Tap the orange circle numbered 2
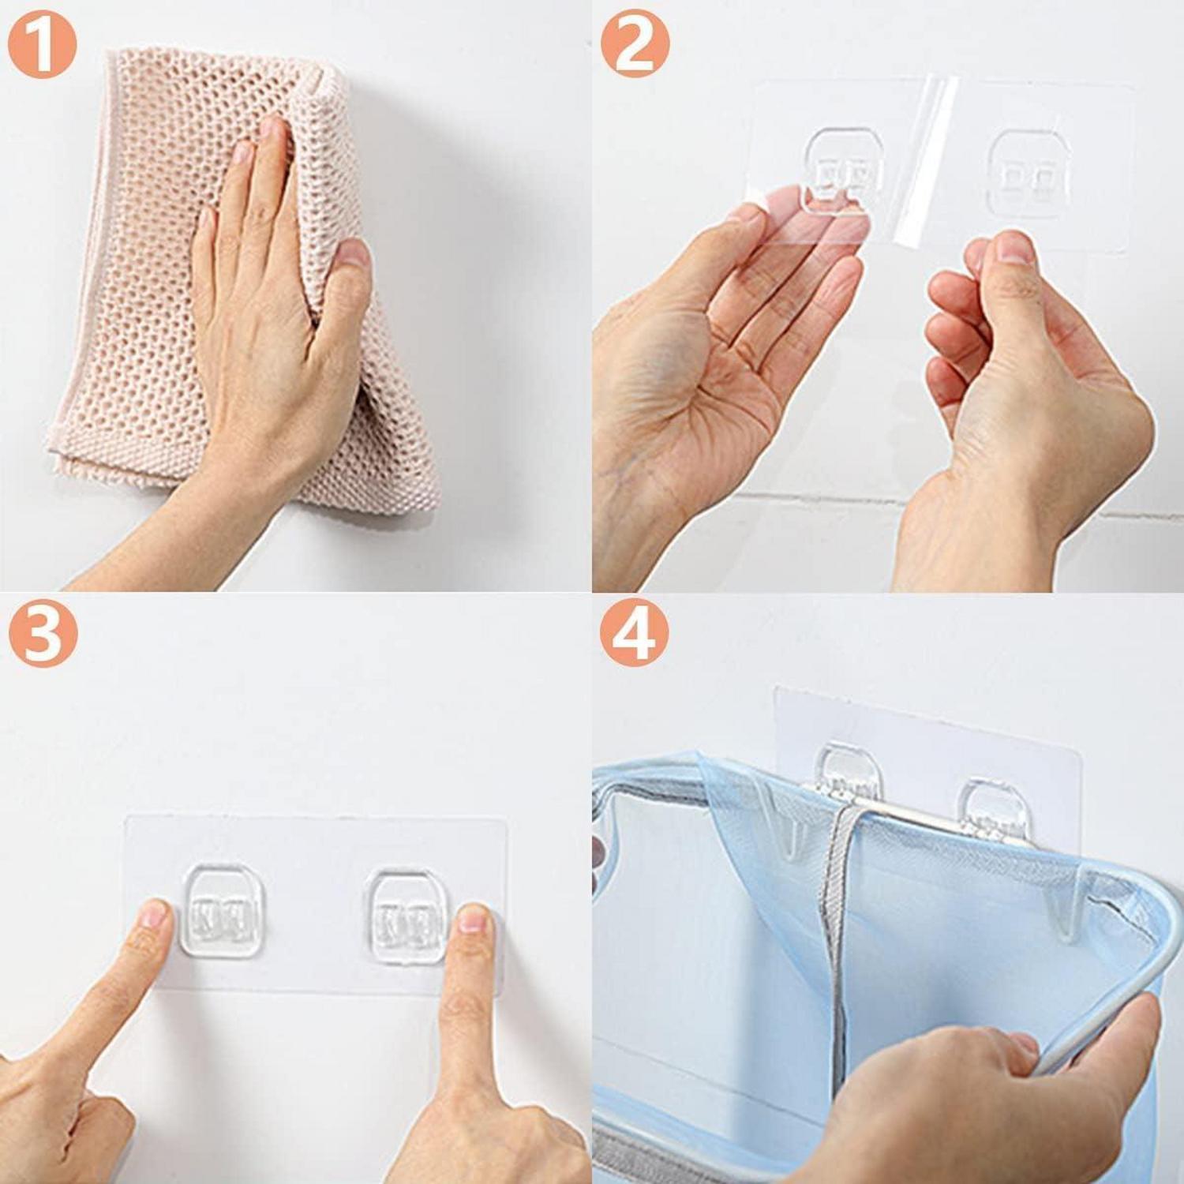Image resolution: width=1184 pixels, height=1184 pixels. [635, 45]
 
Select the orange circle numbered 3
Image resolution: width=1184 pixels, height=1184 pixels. [43, 636]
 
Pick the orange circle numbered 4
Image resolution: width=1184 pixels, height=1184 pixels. [634, 636]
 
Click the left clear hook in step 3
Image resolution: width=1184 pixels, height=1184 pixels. [221, 910]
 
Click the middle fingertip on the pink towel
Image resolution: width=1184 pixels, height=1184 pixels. [272, 126]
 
